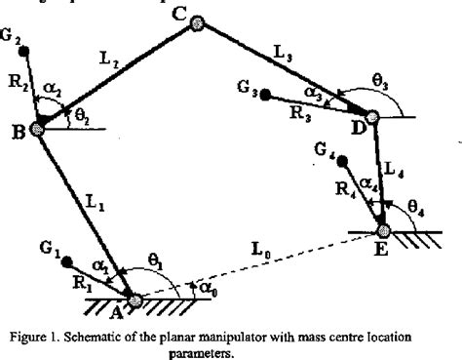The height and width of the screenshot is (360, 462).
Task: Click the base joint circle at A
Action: point(135,300)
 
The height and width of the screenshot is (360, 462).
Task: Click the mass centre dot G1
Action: point(65,261)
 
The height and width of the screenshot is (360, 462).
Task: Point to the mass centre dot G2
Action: point(24,51)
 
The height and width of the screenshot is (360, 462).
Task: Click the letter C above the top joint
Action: point(177,13)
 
